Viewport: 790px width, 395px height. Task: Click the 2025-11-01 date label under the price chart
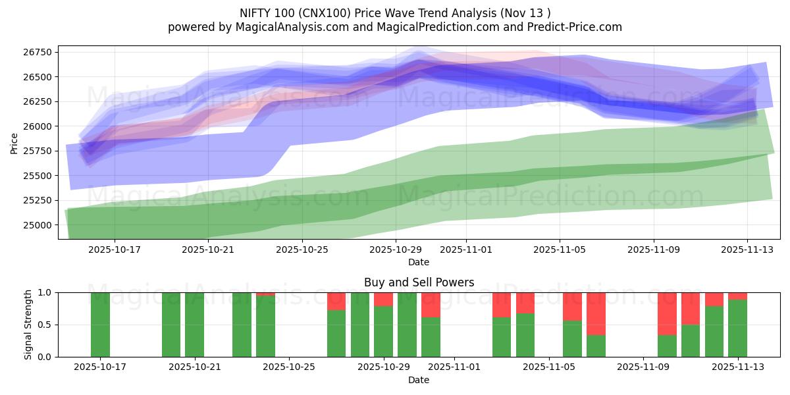coord(465,250)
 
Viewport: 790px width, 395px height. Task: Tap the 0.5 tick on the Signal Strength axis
coord(47,325)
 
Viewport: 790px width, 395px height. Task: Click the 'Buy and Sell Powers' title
coord(419,282)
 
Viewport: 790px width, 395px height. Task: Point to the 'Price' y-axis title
coord(14,143)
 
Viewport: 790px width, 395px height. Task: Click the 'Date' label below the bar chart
coord(419,380)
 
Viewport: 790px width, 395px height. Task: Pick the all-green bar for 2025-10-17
coord(100,325)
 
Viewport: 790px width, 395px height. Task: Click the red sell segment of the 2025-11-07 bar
coord(596,313)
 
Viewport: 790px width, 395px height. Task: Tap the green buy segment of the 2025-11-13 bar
coord(737,328)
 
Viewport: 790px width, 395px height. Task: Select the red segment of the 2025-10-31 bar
coord(431,305)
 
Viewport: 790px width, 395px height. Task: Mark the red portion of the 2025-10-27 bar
coord(336,301)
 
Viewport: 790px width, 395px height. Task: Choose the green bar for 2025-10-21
coord(194,325)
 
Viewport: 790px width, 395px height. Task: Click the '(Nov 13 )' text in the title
coord(527,13)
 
